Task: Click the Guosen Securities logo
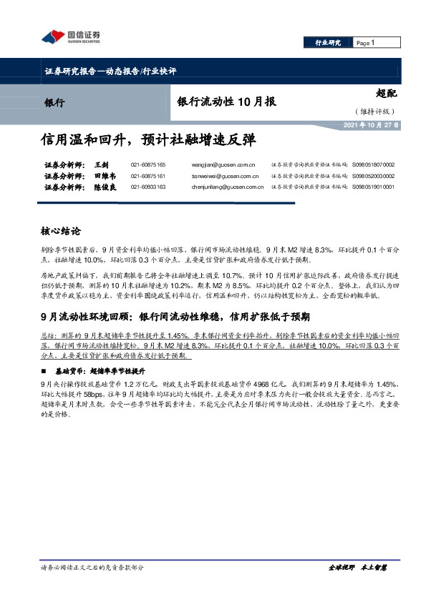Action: pos(69,37)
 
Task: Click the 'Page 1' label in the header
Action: pos(366,43)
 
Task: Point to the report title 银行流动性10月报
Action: pos(226,102)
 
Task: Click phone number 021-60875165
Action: pos(148,164)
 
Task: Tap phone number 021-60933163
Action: pos(148,187)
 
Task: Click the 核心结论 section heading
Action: pos(61,232)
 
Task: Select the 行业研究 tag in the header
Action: pos(329,43)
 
